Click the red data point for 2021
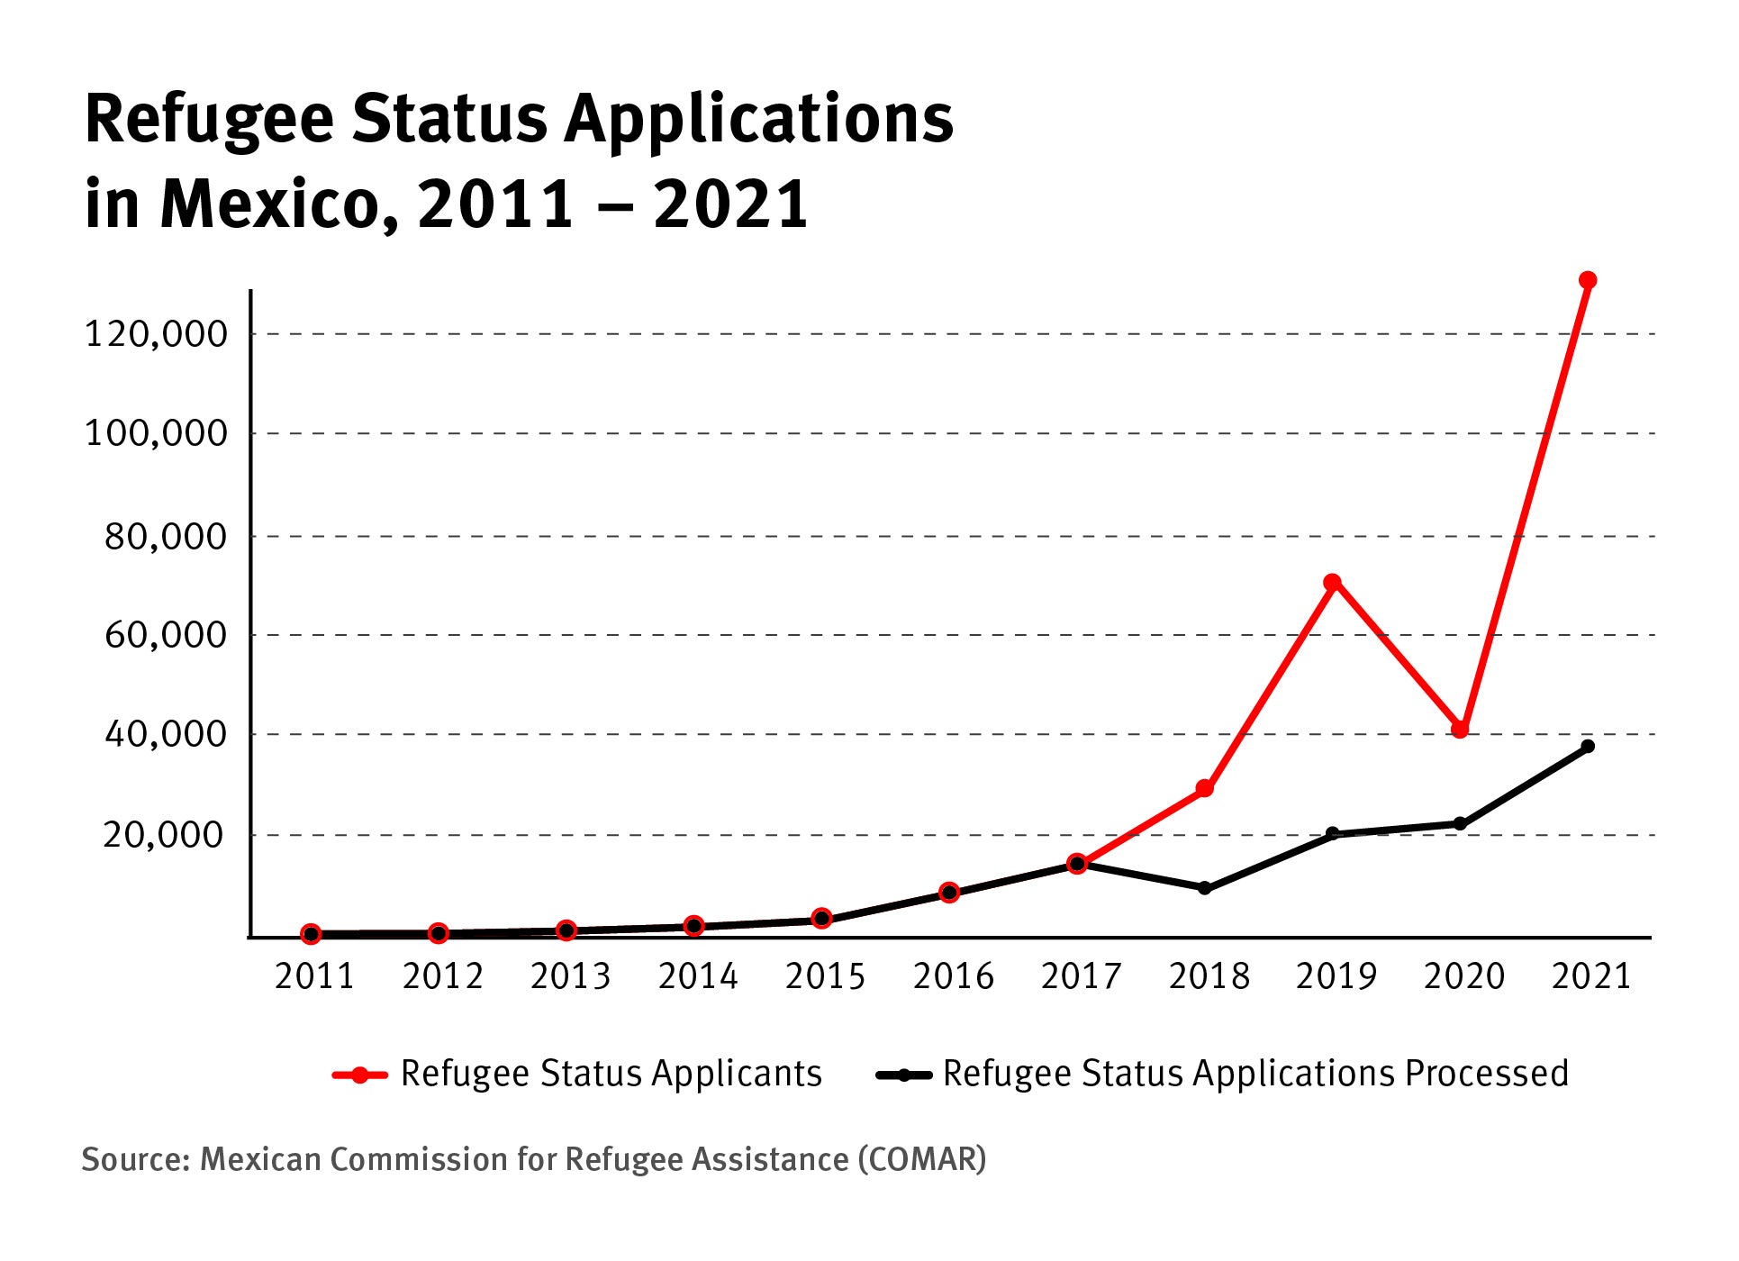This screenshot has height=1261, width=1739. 1588,280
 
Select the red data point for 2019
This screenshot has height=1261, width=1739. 1332,583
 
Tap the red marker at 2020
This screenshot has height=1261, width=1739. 1460,730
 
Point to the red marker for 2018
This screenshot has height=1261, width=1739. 1204,789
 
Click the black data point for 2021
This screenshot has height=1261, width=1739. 1588,746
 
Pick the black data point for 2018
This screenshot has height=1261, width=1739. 1204,888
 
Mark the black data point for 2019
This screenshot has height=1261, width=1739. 1332,834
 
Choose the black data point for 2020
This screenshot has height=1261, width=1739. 1460,824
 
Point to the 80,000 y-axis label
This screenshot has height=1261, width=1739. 167,537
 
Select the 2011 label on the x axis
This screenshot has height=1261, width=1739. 314,976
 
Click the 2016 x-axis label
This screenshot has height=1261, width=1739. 953,976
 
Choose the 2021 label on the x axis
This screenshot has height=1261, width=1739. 1591,976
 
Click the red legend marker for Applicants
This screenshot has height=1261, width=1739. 360,1075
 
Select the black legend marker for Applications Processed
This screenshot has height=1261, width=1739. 903,1075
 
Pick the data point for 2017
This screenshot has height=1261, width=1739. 1076,864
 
